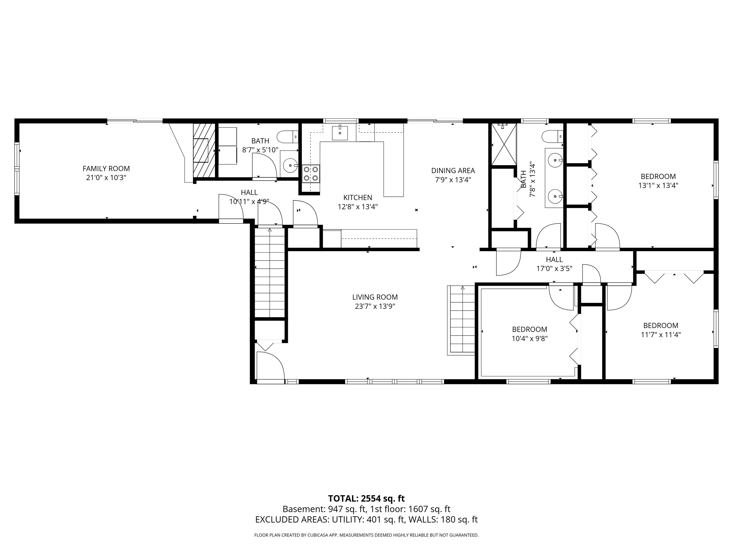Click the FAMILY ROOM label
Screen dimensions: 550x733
(x=106, y=169)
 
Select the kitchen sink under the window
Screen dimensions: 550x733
(x=340, y=133)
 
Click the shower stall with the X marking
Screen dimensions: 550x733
(x=504, y=144)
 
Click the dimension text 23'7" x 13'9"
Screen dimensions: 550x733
(x=375, y=306)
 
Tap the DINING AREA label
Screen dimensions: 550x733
(x=453, y=170)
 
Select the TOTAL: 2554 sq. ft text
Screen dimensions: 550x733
(x=366, y=498)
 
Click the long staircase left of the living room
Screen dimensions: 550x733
(x=269, y=272)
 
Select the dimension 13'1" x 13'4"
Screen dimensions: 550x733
(x=658, y=185)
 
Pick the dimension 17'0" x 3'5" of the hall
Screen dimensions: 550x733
(x=554, y=269)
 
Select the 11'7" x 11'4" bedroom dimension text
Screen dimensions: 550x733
(x=660, y=334)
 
